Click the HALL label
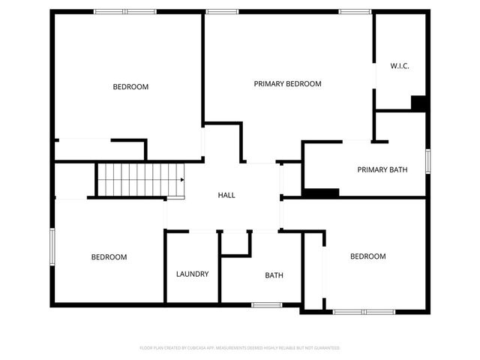226,195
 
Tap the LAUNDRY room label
192,274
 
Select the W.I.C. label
399,66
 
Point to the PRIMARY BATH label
382,169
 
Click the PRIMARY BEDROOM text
287,84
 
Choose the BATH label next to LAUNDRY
274,275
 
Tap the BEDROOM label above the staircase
130,87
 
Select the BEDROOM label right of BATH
367,256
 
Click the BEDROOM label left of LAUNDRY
109,257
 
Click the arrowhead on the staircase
181,180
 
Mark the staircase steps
135,180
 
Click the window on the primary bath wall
427,161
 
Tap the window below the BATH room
266,304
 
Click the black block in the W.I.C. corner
419,103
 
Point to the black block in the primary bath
320,193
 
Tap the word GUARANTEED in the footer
325,348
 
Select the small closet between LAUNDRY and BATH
235,243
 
